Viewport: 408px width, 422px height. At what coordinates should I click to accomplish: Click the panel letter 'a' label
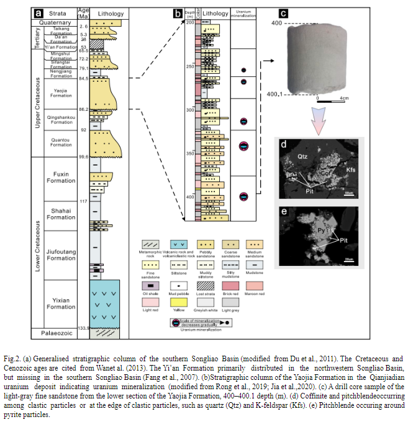click(x=39, y=12)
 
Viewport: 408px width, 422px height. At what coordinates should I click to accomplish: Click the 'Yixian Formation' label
click(x=61, y=303)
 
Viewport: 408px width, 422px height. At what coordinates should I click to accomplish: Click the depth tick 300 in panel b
click(x=189, y=110)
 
